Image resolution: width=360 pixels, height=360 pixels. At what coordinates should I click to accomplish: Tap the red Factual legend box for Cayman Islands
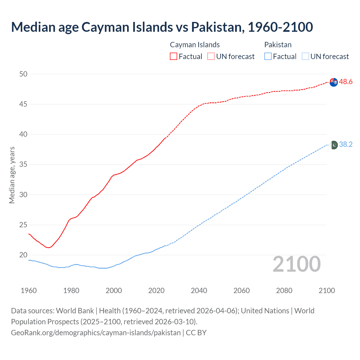(x=174, y=57)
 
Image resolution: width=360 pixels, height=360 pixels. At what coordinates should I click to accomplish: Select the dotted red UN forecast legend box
(x=211, y=57)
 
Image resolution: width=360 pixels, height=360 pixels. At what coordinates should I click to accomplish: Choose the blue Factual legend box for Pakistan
(x=268, y=57)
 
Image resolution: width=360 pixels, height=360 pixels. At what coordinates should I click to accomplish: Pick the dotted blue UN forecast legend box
(x=305, y=57)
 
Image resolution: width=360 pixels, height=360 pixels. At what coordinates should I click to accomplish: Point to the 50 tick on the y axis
(x=23, y=74)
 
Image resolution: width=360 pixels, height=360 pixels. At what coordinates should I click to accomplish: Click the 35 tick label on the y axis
(x=23, y=165)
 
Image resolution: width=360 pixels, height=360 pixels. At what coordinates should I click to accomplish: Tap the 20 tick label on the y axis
(x=23, y=255)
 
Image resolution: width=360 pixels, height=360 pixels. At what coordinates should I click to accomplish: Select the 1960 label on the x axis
(x=29, y=291)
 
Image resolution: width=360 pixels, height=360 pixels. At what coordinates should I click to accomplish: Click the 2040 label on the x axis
(x=199, y=291)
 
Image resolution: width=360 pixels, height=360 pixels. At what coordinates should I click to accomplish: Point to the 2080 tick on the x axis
(x=284, y=291)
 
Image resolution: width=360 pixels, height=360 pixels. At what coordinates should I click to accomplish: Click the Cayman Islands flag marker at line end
(x=334, y=82)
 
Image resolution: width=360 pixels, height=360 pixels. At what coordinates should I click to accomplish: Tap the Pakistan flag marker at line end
(x=334, y=145)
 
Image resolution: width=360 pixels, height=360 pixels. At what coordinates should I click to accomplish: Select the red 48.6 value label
(x=346, y=82)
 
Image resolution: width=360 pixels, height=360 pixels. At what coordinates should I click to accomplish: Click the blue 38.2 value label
(x=346, y=145)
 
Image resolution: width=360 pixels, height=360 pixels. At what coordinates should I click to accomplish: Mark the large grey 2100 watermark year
(x=296, y=264)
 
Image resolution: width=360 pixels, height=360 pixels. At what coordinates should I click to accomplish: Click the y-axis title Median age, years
(x=12, y=175)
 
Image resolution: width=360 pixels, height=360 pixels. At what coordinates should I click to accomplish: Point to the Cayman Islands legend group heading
(x=195, y=45)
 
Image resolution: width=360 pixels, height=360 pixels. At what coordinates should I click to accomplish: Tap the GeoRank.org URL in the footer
(x=96, y=333)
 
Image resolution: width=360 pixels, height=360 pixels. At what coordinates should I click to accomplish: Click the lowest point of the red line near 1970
(x=49, y=247)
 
